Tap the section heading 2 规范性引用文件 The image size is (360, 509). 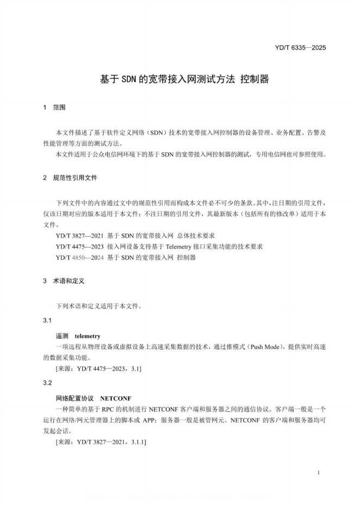click(70, 178)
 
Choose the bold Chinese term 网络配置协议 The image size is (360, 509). click(75, 399)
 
